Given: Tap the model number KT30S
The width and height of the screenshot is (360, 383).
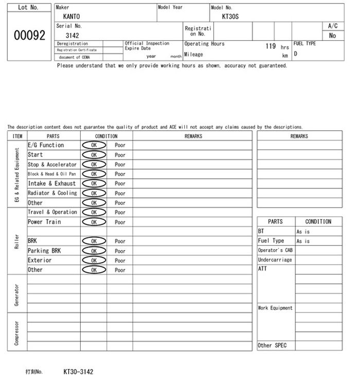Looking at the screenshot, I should [x=230, y=16].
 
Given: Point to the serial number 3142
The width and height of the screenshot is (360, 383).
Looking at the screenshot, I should [x=72, y=36].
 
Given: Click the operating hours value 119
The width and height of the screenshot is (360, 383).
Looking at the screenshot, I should [x=271, y=46].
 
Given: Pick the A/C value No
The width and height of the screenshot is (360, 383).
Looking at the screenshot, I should [x=332, y=36].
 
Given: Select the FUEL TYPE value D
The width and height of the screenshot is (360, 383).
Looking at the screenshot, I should [x=296, y=54].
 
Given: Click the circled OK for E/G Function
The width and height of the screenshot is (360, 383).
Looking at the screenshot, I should [x=94, y=145].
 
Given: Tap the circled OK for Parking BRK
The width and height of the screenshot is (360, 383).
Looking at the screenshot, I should [x=94, y=251].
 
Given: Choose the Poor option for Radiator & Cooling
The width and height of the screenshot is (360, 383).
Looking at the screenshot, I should [x=120, y=194].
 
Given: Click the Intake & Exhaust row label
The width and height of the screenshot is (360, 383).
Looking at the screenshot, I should [x=51, y=183].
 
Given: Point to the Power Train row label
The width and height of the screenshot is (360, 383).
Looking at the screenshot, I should [x=44, y=222].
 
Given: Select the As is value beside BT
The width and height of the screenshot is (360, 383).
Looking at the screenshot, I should [x=303, y=232].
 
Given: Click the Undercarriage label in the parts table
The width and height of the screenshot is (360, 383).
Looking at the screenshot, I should [x=275, y=260].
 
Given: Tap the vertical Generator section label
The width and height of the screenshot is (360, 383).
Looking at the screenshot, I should [x=17, y=293].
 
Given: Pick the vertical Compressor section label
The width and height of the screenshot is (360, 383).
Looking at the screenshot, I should [x=17, y=333].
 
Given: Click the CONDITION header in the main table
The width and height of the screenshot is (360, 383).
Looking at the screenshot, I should [x=106, y=136].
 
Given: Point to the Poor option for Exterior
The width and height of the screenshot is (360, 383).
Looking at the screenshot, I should [x=120, y=260].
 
